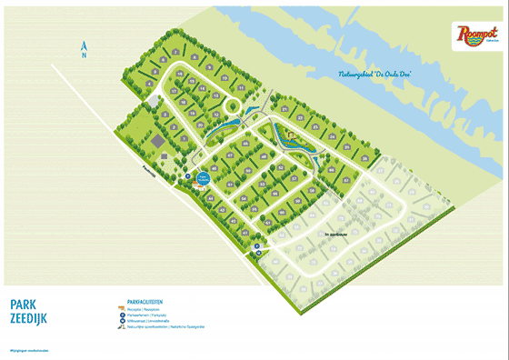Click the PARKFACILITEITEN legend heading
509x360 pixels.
point(145,301)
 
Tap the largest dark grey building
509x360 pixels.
point(155,141)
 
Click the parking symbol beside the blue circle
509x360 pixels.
point(188,176)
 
